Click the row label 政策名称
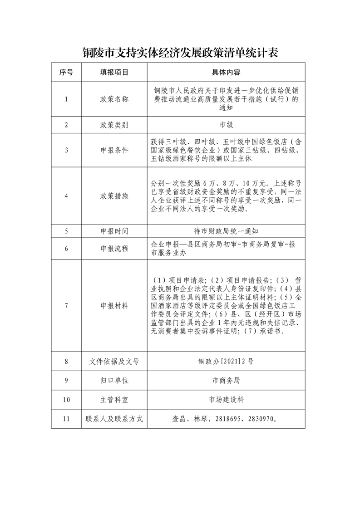click(114, 99)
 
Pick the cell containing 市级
click(226, 125)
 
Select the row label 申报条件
click(114, 150)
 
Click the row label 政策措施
click(114, 196)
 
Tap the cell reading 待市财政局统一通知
click(226, 231)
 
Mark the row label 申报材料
click(114, 306)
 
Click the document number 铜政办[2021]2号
click(226, 362)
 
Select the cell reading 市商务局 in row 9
click(226, 381)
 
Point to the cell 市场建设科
click(226, 400)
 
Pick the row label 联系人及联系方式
click(114, 419)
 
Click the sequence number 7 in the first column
click(66, 306)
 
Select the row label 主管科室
click(114, 400)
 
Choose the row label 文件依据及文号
click(114, 362)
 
